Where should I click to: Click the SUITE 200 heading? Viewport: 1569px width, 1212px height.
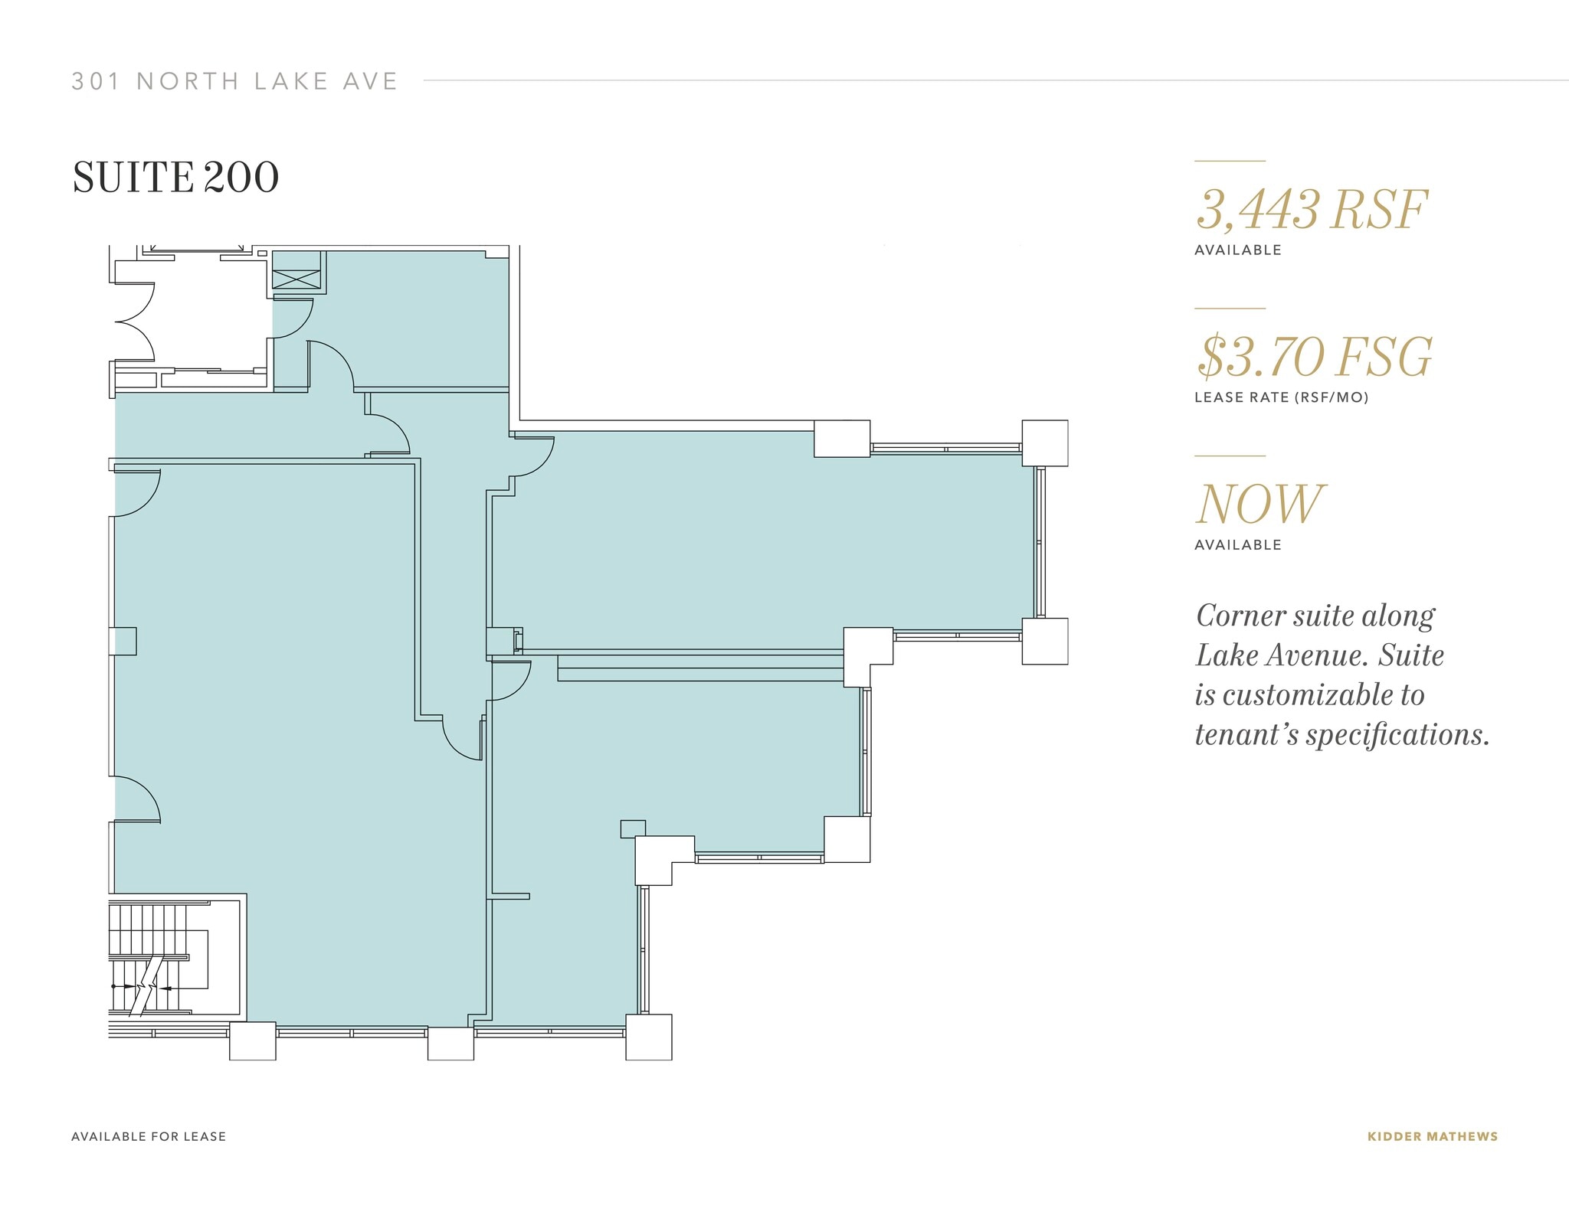175,178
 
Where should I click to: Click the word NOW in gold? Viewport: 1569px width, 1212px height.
1259,504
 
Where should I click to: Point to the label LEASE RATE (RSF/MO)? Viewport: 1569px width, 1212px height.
1281,397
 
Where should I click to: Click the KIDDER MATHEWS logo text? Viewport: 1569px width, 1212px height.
1432,1136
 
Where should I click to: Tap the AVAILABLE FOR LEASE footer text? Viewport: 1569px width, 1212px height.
149,1136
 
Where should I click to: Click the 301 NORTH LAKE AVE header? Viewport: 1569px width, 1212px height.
234,81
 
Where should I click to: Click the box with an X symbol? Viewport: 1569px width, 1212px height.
296,279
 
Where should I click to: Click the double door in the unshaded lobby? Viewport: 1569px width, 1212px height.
136,322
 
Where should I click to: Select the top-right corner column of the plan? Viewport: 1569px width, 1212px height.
1044,443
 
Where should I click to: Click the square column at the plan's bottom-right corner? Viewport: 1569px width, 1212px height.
648,1037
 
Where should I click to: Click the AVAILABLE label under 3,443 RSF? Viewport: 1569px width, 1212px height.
1237,250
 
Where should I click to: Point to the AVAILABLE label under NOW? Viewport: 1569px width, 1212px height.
1237,545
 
